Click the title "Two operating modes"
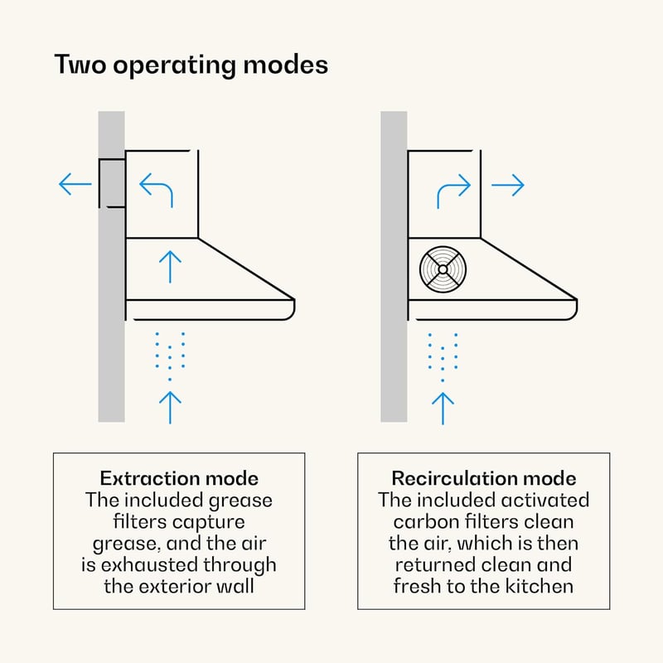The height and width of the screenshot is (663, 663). [x=191, y=65]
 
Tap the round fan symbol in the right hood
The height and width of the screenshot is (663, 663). [x=443, y=269]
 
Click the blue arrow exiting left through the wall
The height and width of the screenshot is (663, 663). [x=75, y=184]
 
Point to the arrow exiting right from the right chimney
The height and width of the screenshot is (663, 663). [x=508, y=185]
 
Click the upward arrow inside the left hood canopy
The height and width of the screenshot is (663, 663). [x=170, y=267]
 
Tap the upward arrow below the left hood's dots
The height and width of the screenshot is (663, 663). [x=170, y=408]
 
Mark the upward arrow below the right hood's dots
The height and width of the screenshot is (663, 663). [x=443, y=409]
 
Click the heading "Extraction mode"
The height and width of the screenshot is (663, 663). [x=179, y=479]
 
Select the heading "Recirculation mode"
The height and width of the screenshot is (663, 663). [x=484, y=479]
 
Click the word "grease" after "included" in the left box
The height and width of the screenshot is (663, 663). [x=240, y=501]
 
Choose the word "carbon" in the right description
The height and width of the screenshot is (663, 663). [x=426, y=522]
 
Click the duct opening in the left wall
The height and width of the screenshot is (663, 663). [x=112, y=183]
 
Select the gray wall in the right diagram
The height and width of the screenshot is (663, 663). [x=394, y=266]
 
